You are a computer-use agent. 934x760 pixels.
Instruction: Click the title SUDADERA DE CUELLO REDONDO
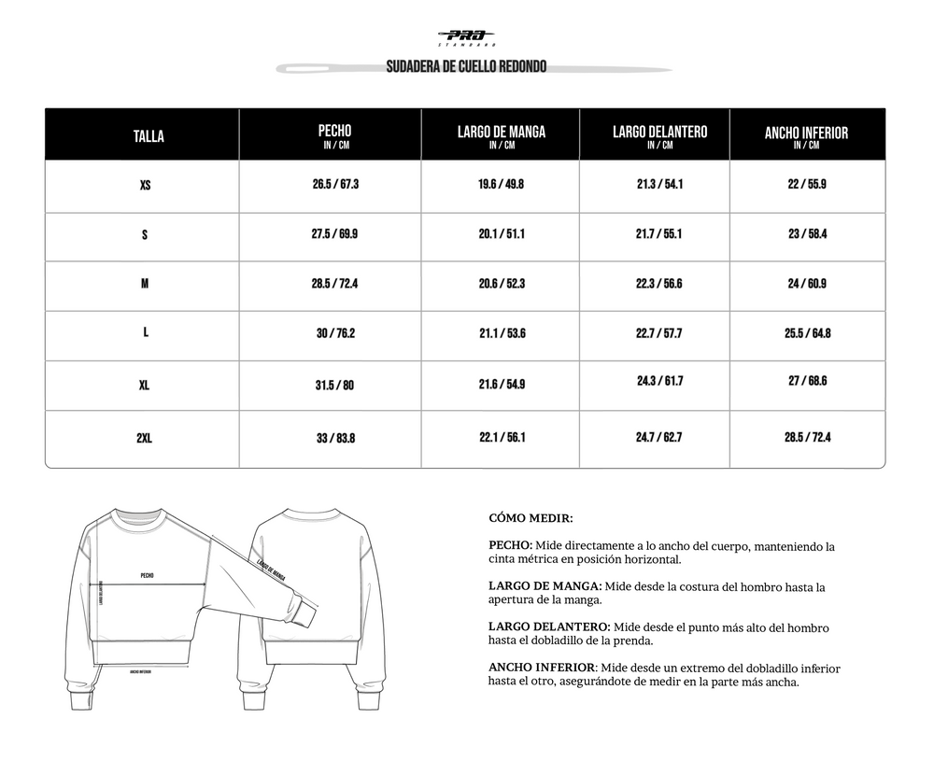click(466, 67)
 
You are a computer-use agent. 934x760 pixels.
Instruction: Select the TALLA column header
click(149, 136)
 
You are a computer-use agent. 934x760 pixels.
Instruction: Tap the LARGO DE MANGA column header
click(501, 134)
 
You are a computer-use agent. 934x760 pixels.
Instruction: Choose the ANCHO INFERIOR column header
click(806, 135)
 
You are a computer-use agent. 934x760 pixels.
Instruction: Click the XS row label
click(145, 185)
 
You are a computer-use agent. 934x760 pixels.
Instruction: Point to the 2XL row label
click(144, 438)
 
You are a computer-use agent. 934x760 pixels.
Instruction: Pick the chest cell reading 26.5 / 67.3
click(335, 184)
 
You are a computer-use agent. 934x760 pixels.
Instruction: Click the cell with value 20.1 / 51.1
click(501, 234)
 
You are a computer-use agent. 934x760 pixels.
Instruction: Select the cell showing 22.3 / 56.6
click(658, 284)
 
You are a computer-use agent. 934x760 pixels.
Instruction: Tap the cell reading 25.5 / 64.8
click(807, 333)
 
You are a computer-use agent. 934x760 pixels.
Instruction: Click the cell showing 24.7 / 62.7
click(658, 437)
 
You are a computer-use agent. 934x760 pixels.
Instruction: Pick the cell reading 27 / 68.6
click(807, 381)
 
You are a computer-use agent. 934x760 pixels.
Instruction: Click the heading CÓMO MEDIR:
click(531, 517)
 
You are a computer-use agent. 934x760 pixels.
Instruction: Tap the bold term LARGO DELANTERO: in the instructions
click(549, 627)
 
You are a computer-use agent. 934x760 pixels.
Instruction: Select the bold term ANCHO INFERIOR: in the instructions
click(542, 669)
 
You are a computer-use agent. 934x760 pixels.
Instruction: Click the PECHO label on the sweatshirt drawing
click(147, 576)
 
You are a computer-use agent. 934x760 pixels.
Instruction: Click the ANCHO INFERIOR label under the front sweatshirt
click(140, 670)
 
